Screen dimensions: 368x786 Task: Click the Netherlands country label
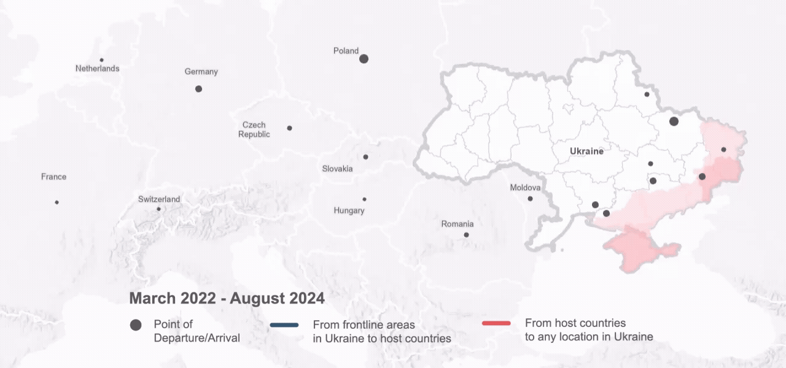coord(97,69)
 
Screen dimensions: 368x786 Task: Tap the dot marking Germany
coord(198,89)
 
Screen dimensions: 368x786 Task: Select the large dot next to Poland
coord(364,59)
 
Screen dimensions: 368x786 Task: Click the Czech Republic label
coord(254,129)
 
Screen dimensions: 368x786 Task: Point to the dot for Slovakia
coord(365,157)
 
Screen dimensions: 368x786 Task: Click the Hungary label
coord(349,210)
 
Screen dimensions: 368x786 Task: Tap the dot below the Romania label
coord(466,235)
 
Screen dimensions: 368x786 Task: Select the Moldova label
coord(525,188)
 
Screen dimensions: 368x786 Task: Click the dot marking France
coord(56,202)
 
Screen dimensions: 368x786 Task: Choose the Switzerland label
coord(159,199)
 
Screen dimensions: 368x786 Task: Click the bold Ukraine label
coord(586,151)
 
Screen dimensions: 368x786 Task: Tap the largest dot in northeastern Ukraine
coord(674,121)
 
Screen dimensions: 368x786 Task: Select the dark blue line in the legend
coord(284,324)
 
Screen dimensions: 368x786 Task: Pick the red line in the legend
coord(496,323)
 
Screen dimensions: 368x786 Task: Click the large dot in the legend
coord(136,325)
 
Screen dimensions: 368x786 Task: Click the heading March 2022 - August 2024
coord(227,299)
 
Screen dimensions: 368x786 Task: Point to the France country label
coord(53,177)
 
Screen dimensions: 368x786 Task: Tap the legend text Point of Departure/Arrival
coord(196,331)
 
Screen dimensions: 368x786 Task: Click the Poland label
coord(346,51)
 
